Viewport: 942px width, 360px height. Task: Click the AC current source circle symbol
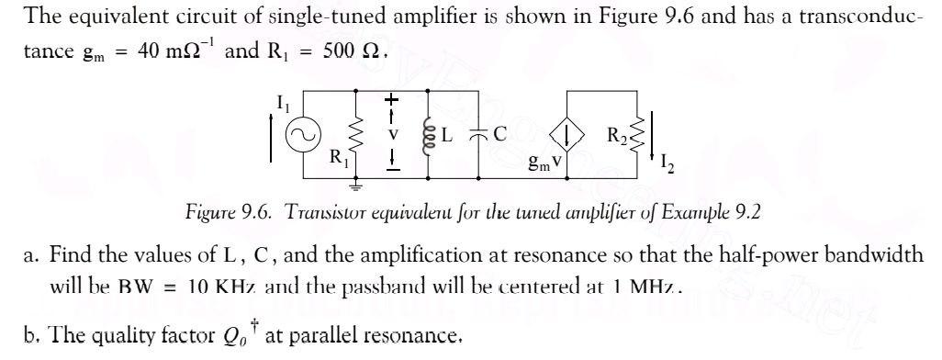300,136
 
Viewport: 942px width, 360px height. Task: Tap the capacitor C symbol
478,134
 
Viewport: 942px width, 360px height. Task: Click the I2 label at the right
667,165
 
